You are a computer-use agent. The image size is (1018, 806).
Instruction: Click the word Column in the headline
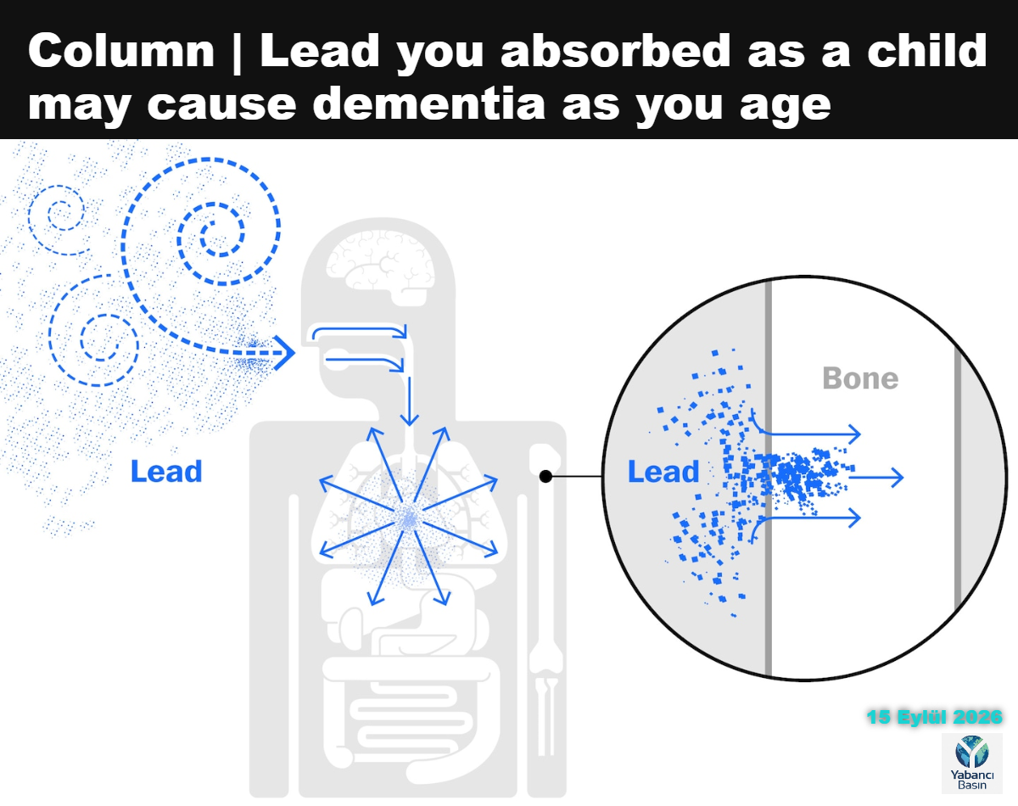point(121,51)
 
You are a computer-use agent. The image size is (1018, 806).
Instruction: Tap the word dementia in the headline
point(429,104)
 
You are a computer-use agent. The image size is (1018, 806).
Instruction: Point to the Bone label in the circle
point(860,378)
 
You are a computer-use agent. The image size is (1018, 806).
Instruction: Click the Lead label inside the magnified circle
point(663,472)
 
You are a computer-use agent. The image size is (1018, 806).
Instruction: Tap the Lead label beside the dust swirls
point(166,472)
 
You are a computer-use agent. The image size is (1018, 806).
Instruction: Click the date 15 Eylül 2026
point(934,717)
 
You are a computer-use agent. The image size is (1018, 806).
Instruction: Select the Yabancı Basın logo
point(971,764)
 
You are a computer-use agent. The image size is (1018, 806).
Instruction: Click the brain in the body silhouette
point(380,267)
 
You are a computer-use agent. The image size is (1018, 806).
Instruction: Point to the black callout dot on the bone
point(545,476)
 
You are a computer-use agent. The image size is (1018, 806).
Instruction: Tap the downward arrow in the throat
point(409,401)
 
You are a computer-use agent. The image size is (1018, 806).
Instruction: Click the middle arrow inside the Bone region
point(876,477)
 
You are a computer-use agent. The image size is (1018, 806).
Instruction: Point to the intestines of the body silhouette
point(411,719)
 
